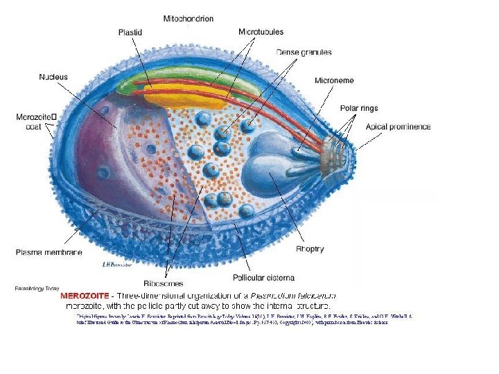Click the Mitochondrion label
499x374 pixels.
(x=189, y=18)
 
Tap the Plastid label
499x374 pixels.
(x=131, y=32)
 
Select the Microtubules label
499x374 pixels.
(x=261, y=32)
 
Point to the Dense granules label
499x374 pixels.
(x=304, y=52)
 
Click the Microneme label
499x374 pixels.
(x=334, y=81)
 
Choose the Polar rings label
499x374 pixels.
(x=359, y=108)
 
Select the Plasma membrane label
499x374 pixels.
(x=49, y=252)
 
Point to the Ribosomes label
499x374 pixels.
(x=163, y=283)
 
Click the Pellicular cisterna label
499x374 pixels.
(x=263, y=278)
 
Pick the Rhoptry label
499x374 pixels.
(x=310, y=249)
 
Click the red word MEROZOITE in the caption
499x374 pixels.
(x=89, y=296)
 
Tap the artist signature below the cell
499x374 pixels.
(x=116, y=265)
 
